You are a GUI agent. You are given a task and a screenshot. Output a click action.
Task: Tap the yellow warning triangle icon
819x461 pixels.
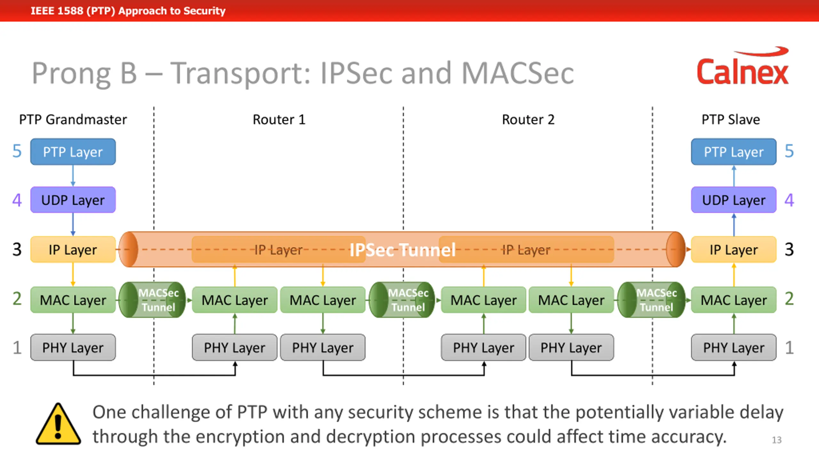pos(58,424)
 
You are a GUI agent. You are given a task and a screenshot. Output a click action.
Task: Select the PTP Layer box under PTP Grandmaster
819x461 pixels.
pos(73,152)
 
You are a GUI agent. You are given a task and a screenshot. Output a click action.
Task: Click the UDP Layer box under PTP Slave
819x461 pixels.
pos(734,200)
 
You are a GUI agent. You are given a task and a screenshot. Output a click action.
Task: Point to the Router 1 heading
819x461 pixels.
pos(279,119)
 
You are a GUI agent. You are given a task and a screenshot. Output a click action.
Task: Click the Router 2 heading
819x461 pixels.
pos(528,119)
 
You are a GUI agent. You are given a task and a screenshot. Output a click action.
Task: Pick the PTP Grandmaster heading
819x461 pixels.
pos(73,119)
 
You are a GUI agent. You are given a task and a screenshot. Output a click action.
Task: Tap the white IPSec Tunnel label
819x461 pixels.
pos(402,250)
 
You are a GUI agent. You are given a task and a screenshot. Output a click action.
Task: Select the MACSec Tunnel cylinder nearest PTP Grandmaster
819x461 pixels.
pos(152,300)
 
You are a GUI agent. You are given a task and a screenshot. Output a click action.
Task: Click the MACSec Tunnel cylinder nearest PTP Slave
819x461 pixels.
pos(651,300)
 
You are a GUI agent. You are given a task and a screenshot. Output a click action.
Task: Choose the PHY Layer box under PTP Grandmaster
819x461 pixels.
pos(73,347)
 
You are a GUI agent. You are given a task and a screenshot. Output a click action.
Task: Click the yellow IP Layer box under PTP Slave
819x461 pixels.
pos(734,250)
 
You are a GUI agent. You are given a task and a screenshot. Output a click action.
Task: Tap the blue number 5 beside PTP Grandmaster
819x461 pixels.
pos(17,151)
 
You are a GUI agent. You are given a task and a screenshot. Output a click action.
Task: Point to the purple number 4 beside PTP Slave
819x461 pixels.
pos(789,200)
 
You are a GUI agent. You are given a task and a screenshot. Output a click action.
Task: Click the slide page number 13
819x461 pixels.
pos(777,440)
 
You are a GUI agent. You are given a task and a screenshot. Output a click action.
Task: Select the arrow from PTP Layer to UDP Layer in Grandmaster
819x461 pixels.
pos(73,176)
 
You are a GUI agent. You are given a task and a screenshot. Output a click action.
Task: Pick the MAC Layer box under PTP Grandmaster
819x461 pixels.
pos(73,300)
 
